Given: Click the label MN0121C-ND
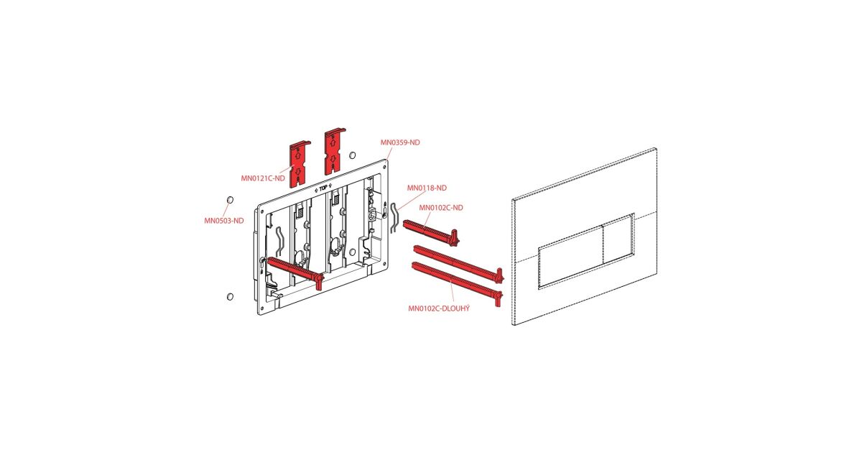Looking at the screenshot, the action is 263,178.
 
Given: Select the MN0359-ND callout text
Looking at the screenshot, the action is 400,142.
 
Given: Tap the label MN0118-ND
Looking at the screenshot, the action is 427,188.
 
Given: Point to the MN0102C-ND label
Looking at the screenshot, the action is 441,208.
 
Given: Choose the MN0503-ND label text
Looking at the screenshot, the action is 224,221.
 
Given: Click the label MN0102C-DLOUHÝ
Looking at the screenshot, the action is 439,308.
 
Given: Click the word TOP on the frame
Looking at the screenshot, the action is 323,188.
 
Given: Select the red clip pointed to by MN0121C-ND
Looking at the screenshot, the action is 300,164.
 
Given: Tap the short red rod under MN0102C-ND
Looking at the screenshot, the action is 431,232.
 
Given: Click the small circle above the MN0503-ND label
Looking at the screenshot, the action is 230,200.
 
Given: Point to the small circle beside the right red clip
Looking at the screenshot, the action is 352,155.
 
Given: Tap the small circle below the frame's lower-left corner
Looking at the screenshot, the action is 230,296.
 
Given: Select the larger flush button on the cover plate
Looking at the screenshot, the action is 570,256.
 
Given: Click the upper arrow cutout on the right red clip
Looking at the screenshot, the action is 333,142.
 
